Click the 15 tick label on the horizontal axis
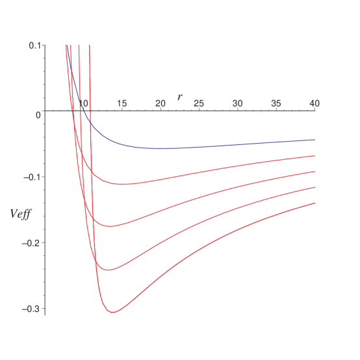[122, 103]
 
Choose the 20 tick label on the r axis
[160, 103]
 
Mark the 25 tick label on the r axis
[199, 103]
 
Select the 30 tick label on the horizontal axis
[237, 103]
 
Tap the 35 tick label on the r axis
[276, 103]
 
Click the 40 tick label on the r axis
[314, 103]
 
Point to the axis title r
[180, 97]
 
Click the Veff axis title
[21, 213]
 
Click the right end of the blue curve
[315, 140]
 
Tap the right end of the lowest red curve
[315, 203]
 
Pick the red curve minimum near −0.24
[109, 269]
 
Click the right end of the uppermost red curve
[315, 156]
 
